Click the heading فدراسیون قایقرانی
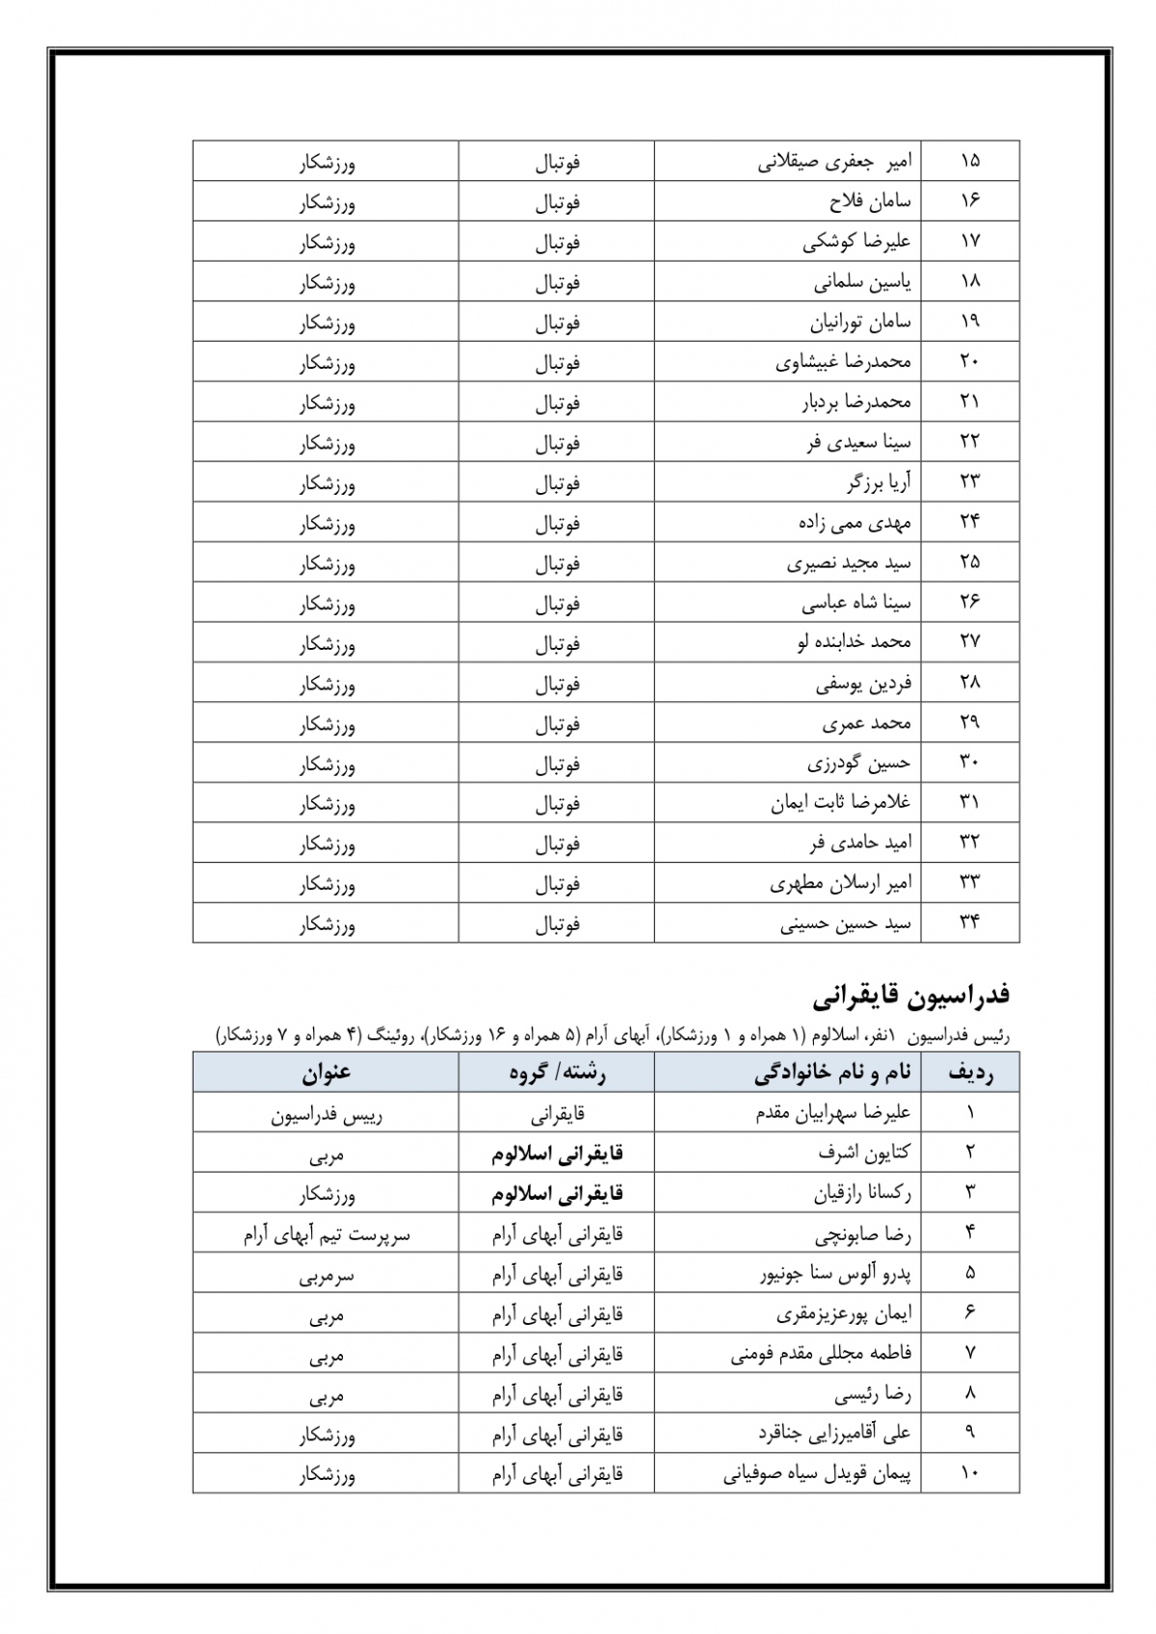[910, 995]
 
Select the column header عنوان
[327, 1073]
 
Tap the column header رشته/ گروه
[557, 1073]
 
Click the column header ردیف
[970, 1073]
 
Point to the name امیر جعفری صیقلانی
[834, 161]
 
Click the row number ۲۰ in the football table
[969, 362]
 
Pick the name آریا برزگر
[879, 482]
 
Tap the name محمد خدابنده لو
[854, 642]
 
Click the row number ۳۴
[969, 922]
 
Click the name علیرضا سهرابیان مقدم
[833, 1113]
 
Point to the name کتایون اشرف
[864, 1153]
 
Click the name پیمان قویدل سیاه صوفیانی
[817, 1474]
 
